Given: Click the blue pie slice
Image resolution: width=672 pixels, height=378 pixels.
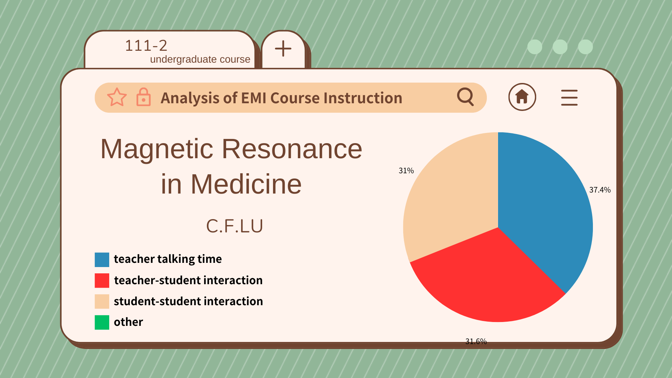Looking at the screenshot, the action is pyautogui.click(x=542, y=203).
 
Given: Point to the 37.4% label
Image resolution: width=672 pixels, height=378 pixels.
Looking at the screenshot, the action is pyautogui.click(x=600, y=190).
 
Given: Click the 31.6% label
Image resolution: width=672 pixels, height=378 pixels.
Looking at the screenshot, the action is pyautogui.click(x=476, y=341).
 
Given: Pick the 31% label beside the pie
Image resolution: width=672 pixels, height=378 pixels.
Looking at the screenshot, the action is pyautogui.click(x=406, y=171).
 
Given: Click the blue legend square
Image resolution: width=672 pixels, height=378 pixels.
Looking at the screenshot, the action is pyautogui.click(x=102, y=260).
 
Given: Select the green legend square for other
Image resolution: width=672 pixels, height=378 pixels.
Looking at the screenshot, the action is pyautogui.click(x=102, y=322).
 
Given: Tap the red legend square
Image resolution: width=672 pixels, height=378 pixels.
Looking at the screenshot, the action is pyautogui.click(x=102, y=281).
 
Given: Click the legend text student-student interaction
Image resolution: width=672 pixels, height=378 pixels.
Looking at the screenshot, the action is pyautogui.click(x=188, y=301).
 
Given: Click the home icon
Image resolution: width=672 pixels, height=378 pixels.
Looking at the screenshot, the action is pyautogui.click(x=522, y=97).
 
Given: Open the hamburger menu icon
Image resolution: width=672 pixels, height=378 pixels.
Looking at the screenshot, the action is pyautogui.click(x=569, y=97).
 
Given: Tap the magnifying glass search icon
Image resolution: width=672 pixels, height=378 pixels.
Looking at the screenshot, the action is pyautogui.click(x=466, y=97).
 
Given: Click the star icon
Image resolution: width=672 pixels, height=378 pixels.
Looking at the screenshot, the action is pyautogui.click(x=117, y=97).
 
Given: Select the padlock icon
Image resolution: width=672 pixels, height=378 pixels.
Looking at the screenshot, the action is pyautogui.click(x=143, y=97).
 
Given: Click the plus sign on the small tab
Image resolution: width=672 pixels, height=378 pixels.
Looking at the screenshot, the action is pyautogui.click(x=283, y=49).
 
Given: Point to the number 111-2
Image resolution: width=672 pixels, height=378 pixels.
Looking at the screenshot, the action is pyautogui.click(x=146, y=45).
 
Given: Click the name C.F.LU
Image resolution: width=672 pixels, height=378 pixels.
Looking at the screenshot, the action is pyautogui.click(x=234, y=226).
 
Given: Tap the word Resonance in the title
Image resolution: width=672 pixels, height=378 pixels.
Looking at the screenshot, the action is pyautogui.click(x=292, y=149).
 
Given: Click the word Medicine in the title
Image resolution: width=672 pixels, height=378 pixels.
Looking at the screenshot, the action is pyautogui.click(x=246, y=184).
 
